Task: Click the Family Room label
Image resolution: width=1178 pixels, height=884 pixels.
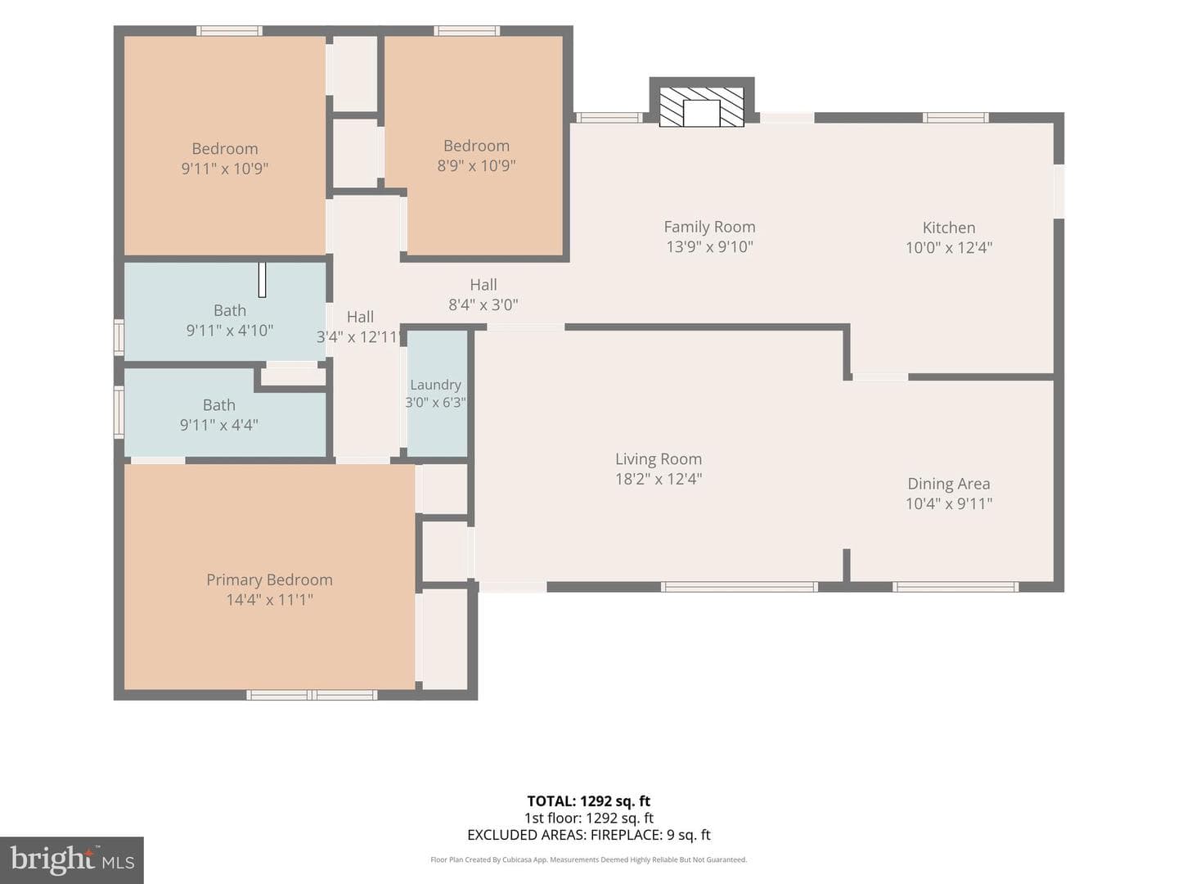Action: click(709, 227)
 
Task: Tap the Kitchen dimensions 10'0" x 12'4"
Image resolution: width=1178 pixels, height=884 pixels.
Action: click(949, 247)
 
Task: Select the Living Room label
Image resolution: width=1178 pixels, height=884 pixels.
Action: click(659, 459)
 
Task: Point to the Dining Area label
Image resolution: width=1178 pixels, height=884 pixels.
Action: click(949, 484)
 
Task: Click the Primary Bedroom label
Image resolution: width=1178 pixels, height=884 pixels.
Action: click(269, 580)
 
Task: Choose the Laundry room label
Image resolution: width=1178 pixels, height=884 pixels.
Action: click(435, 385)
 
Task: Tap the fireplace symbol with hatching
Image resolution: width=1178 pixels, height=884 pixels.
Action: click(701, 107)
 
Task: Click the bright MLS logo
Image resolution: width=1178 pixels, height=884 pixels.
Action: click(72, 859)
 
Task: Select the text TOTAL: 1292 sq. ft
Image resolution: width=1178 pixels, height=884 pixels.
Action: click(589, 801)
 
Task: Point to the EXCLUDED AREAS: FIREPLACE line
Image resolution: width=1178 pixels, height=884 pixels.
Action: click(589, 835)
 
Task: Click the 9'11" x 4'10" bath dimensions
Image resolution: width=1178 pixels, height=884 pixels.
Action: click(230, 330)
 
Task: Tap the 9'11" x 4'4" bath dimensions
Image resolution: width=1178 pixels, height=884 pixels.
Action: click(219, 425)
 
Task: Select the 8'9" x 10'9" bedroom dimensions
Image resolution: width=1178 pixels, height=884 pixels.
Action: click(477, 165)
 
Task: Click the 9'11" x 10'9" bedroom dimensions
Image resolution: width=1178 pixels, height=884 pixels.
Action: click(225, 168)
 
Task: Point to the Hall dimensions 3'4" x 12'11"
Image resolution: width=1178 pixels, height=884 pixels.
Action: click(360, 336)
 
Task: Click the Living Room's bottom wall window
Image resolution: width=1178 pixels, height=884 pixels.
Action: click(739, 587)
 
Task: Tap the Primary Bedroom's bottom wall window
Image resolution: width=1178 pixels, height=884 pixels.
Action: click(312, 695)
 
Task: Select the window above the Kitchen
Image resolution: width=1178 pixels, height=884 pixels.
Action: click(955, 118)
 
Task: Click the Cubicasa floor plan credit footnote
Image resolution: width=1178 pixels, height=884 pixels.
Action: click(589, 859)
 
